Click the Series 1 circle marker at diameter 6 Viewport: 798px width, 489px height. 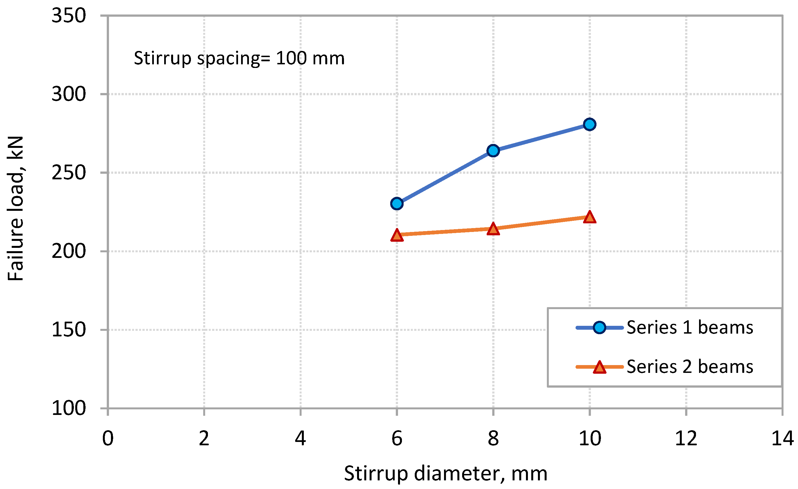click(397, 204)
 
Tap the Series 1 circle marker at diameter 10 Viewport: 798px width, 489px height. click(590, 124)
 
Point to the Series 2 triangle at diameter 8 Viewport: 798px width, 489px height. click(493, 229)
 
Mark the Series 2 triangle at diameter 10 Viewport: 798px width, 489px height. click(590, 217)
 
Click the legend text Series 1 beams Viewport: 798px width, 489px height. click(690, 327)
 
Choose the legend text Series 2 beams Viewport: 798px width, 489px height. click(690, 367)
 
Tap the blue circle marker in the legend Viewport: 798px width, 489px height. click(600, 327)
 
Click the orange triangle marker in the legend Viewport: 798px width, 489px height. click(600, 367)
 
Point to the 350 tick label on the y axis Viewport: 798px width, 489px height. click(69, 16)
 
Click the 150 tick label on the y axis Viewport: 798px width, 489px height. click(69, 330)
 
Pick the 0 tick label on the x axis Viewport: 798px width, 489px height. click(108, 439)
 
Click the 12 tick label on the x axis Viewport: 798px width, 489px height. click(686, 439)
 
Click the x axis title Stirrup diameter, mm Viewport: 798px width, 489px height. click(446, 473)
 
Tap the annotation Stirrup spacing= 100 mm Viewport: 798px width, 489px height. click(239, 58)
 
